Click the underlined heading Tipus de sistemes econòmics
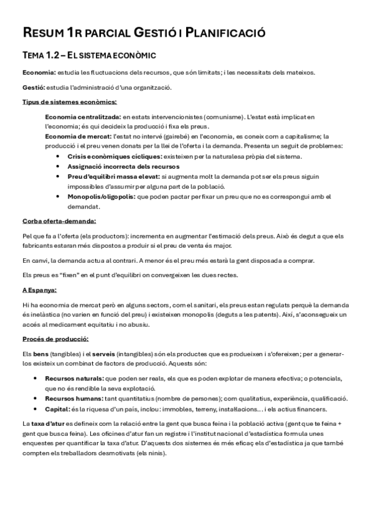click(x=69, y=101)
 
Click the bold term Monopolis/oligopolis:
click(x=101, y=196)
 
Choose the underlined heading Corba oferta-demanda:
click(x=59, y=220)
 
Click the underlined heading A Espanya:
click(x=39, y=290)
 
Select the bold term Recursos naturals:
click(x=74, y=378)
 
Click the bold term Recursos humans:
click(x=73, y=398)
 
